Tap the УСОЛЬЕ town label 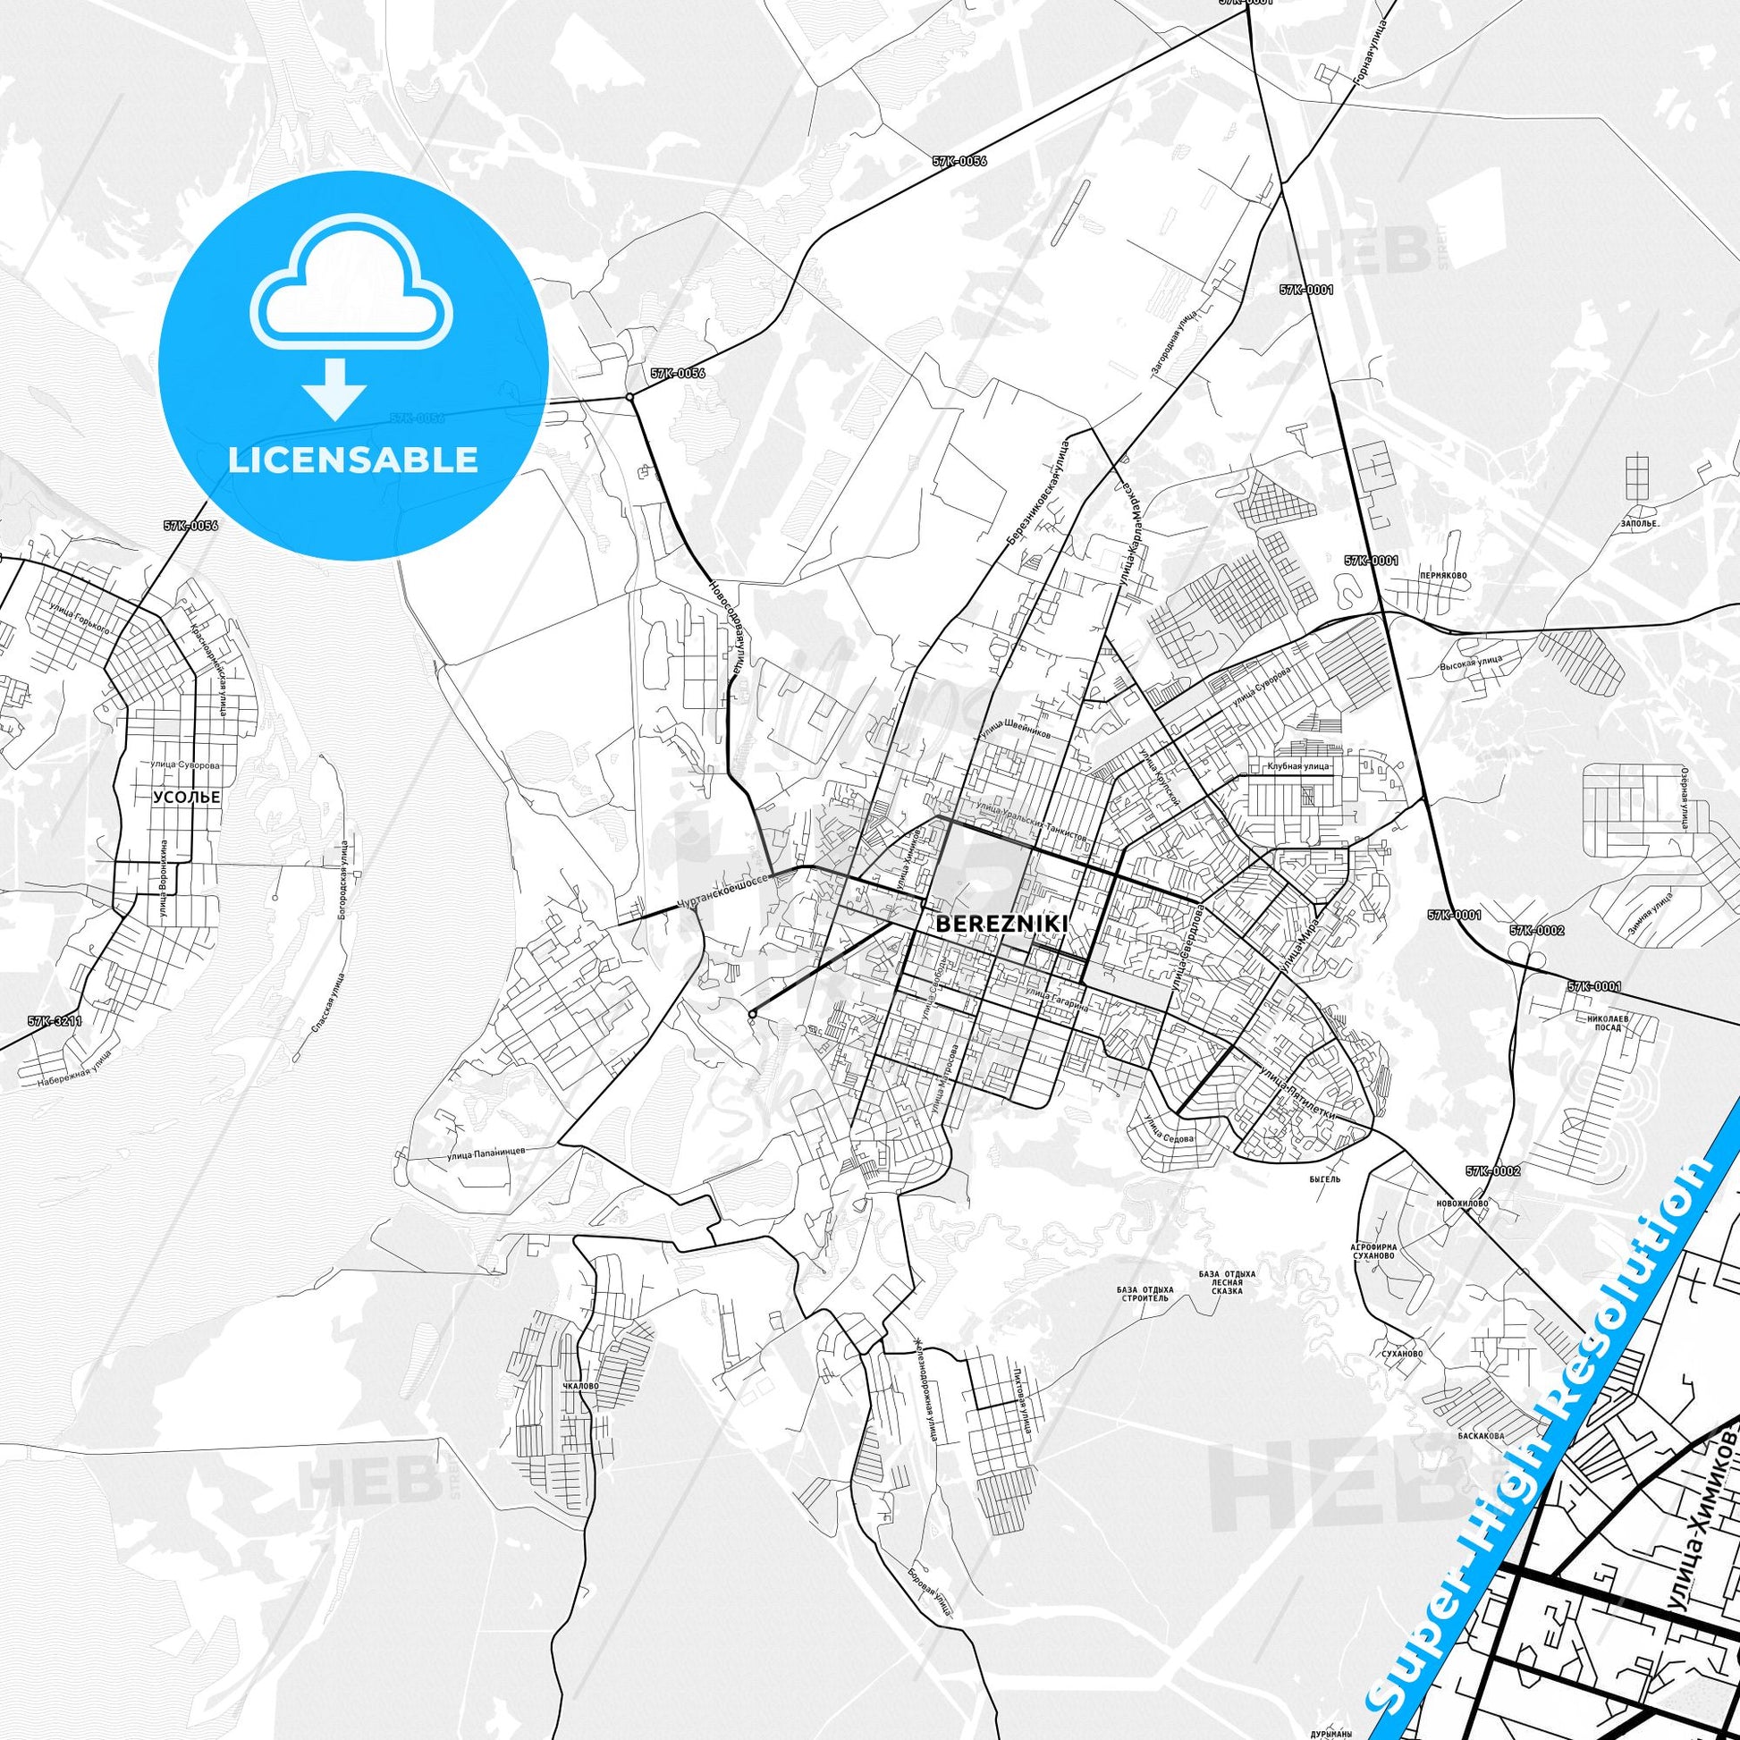tap(186, 798)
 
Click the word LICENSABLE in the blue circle tap(353, 460)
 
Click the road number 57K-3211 tap(54, 1021)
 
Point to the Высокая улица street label tap(1470, 660)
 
